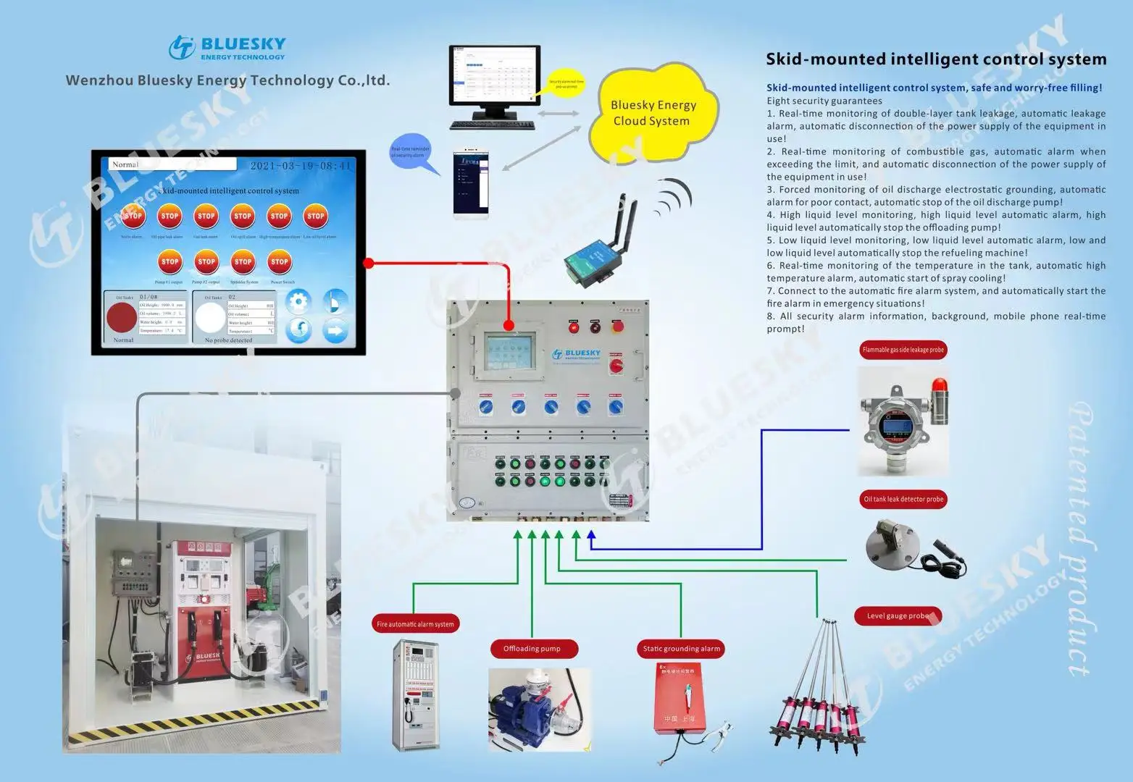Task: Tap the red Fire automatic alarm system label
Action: click(415, 624)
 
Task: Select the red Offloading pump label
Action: click(532, 649)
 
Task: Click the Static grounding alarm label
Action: click(681, 649)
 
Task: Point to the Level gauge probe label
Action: click(898, 616)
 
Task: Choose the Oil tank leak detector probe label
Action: click(903, 499)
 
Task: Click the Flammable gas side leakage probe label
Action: click(903, 350)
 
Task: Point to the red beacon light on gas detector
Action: click(939, 400)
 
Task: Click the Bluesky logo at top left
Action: click(227, 48)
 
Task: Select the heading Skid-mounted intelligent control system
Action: click(936, 59)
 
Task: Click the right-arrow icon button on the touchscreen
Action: click(335, 331)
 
